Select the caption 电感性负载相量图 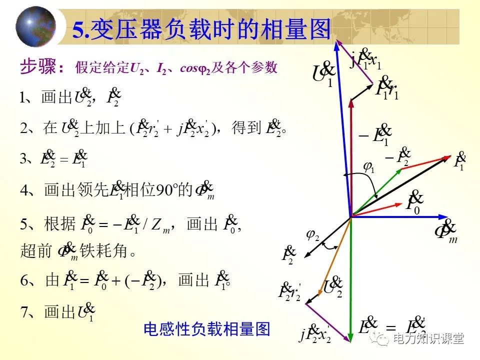coord(206,329)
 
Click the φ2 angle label coord(312,234)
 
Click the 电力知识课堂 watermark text coord(428,338)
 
